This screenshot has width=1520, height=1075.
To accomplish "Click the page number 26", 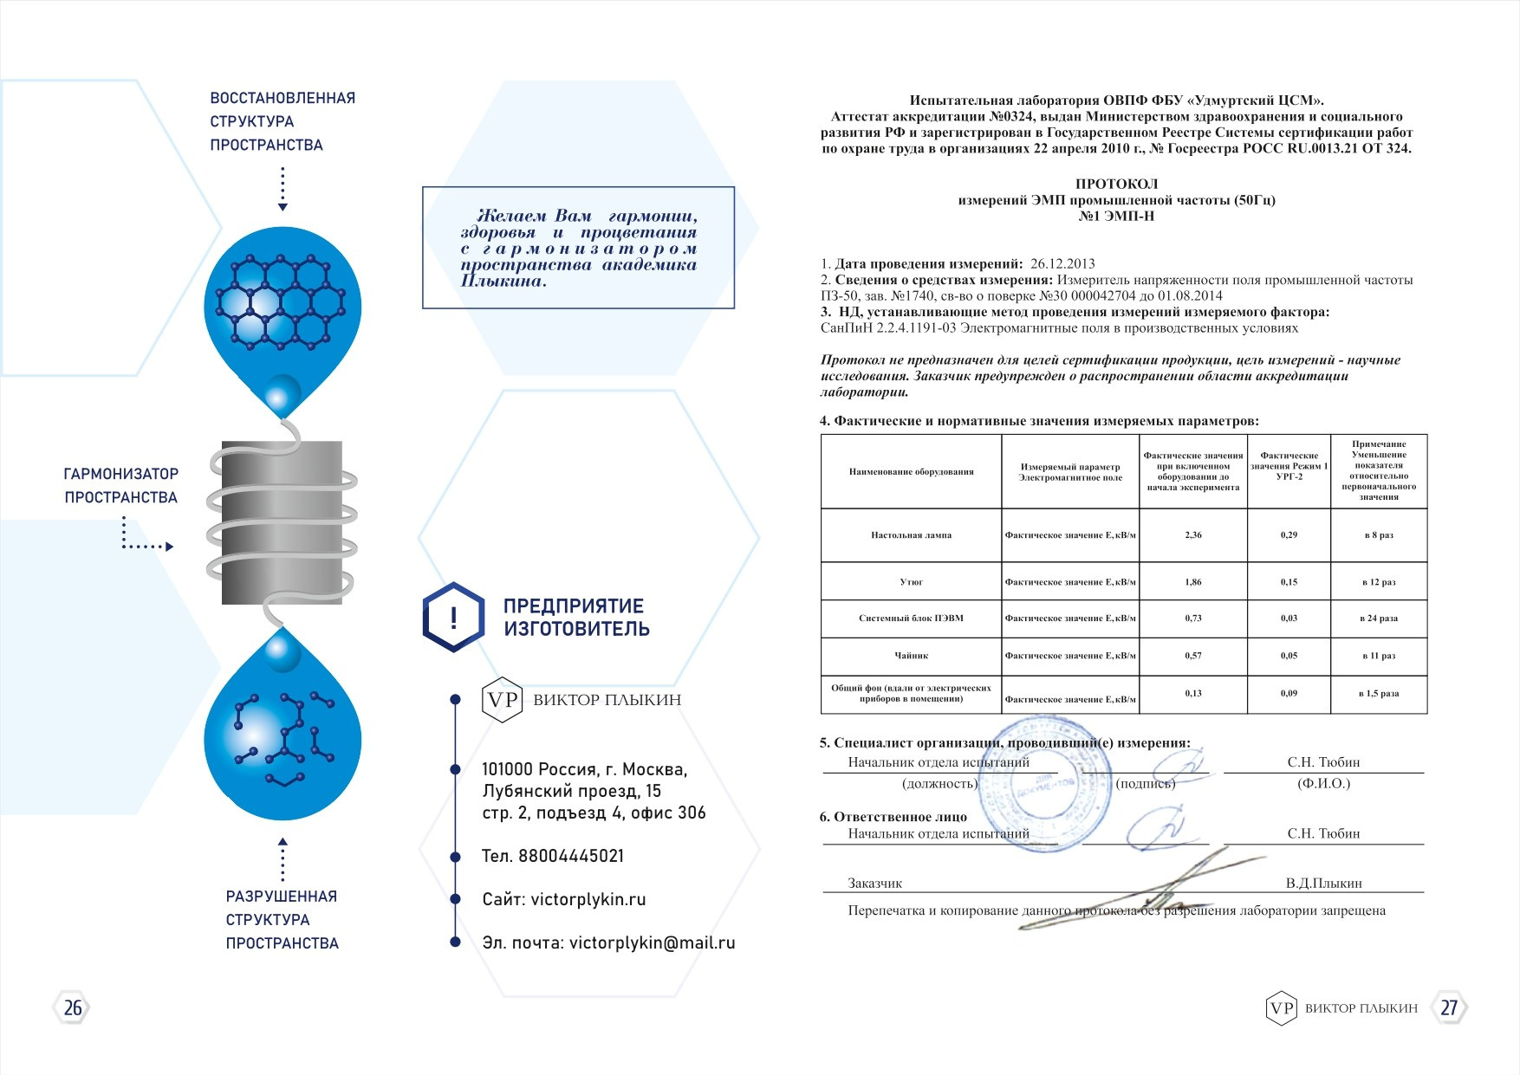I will click(x=73, y=1007).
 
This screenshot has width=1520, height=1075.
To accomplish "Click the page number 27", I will click(x=1449, y=1007).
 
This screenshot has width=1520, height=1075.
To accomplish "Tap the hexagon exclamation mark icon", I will click(x=453, y=618).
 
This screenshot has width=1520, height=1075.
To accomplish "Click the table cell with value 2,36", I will click(x=1193, y=535).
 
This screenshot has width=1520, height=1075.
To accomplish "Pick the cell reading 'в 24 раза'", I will click(x=1379, y=618).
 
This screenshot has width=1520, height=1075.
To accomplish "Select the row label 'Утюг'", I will click(x=911, y=582).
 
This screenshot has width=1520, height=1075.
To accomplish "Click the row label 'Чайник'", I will click(x=911, y=656).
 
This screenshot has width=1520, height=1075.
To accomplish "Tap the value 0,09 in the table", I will click(x=1289, y=693).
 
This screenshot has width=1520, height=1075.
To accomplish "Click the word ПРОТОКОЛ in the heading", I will click(x=1116, y=184).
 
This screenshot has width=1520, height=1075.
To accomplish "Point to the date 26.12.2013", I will click(x=1062, y=263).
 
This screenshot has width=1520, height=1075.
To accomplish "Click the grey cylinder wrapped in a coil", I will click(x=282, y=522).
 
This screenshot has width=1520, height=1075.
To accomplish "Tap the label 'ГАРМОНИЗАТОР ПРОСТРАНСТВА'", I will click(x=121, y=485).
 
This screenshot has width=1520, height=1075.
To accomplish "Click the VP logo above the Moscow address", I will click(x=502, y=700).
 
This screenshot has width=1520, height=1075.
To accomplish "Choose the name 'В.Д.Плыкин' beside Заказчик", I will click(x=1323, y=884).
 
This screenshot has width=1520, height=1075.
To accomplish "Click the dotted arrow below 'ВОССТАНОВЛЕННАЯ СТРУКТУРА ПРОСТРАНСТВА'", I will click(x=283, y=188).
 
